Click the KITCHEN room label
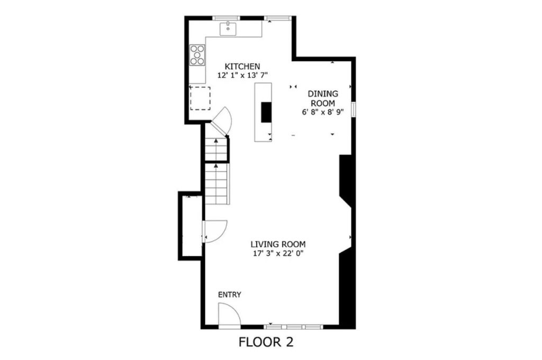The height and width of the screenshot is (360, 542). point(242,66)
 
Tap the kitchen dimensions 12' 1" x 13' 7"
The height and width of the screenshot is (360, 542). point(242,75)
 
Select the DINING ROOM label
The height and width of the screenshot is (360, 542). point(323,98)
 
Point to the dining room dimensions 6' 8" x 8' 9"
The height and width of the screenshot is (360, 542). point(322,112)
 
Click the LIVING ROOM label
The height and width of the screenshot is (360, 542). point(278,245)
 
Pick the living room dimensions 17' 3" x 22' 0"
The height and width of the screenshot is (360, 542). point(278,254)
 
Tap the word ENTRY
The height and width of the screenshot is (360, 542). point(230,295)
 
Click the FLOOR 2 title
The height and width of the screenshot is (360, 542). point(266,342)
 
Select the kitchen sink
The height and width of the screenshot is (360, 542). point(228,29)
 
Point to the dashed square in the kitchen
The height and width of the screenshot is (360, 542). point(200,98)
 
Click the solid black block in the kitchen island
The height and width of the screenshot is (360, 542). point(266,112)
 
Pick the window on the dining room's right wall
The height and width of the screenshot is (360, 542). point(354,109)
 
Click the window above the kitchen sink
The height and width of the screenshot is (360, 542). point(226,17)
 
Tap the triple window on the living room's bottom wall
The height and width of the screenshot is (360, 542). point(293,327)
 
